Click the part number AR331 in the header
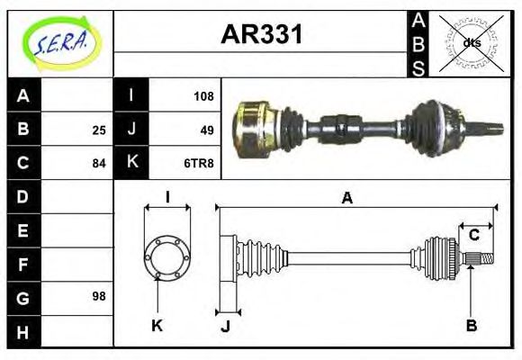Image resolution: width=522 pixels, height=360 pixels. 261,36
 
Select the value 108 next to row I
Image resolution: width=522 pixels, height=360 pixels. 203,94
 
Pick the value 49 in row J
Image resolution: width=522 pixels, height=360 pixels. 207,129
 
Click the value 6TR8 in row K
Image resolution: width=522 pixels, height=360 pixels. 200,163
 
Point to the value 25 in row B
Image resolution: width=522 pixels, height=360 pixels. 98,130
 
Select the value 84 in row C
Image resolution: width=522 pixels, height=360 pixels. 98,164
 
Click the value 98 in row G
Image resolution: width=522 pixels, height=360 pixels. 98,296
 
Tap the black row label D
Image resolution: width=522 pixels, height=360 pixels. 22,196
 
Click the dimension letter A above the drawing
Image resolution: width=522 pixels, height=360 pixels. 346,199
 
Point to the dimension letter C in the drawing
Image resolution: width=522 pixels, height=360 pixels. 474,236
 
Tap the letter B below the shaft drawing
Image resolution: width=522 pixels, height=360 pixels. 471,325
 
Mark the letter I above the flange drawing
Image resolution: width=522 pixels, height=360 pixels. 166,198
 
